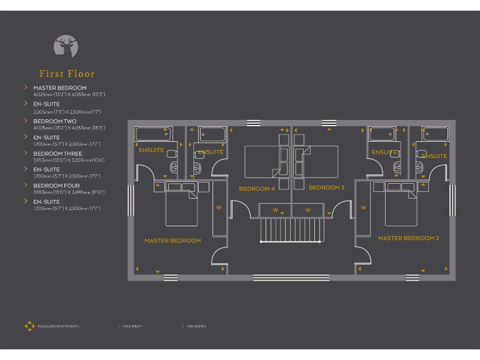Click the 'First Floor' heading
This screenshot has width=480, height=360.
pyautogui.click(x=67, y=74)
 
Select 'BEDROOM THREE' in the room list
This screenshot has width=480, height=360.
pyautogui.click(x=57, y=154)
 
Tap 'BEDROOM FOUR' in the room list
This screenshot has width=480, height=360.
pyautogui.click(x=56, y=186)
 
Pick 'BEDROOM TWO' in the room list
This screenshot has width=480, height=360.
pyautogui.click(x=55, y=121)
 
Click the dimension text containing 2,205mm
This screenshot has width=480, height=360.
pyautogui.click(x=67, y=111)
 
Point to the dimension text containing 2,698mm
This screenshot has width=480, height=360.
pyautogui.click(x=69, y=192)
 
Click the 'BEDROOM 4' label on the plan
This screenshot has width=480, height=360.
pyautogui.click(x=256, y=188)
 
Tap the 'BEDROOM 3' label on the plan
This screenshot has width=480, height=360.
pyautogui.click(x=326, y=187)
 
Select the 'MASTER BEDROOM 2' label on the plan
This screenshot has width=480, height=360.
pyautogui.click(x=408, y=238)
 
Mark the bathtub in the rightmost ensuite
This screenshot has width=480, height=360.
pyautogui.click(x=436, y=134)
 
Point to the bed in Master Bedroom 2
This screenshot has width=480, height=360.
pyautogui.click(x=401, y=206)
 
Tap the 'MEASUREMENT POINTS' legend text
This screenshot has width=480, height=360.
pyautogui.click(x=58, y=326)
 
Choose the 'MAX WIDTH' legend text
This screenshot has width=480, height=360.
pyautogui.click(x=132, y=326)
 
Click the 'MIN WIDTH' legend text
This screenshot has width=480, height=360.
pyautogui.click(x=196, y=326)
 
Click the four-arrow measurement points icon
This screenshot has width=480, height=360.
pyautogui.click(x=29, y=326)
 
